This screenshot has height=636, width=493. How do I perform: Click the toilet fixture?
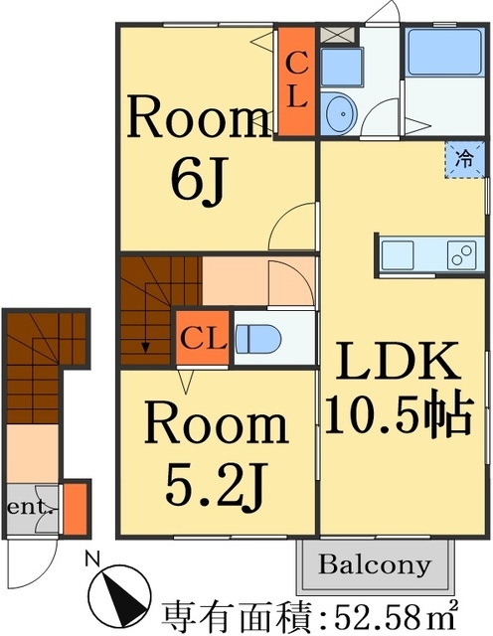click(258, 338)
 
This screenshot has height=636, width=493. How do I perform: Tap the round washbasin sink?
click(341, 113)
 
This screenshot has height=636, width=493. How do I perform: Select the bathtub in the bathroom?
click(444, 52)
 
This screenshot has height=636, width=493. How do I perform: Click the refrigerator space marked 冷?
click(465, 159)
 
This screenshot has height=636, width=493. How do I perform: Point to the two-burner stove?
click(462, 254)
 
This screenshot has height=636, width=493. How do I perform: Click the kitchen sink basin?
click(398, 254)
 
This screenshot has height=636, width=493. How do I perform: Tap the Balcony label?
click(374, 564)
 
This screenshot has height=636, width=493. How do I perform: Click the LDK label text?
click(398, 361)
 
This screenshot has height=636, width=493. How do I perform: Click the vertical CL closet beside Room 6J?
click(296, 81)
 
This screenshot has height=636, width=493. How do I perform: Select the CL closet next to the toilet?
click(203, 338)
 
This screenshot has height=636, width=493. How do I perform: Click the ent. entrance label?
click(31, 508)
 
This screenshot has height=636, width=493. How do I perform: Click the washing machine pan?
click(342, 68)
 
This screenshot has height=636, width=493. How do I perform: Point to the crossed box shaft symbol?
click(338, 35)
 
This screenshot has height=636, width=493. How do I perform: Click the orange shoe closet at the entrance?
click(76, 509)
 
